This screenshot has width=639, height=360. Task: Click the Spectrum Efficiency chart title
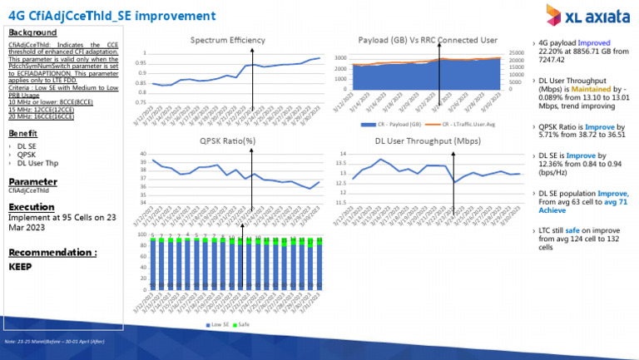[227, 40]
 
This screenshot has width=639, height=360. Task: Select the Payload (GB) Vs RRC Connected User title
[426, 40]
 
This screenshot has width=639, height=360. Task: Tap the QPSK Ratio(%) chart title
[227, 141]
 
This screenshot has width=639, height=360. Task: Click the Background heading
[32, 32]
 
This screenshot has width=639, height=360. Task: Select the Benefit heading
[22, 133]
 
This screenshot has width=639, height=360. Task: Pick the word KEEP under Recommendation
[20, 268]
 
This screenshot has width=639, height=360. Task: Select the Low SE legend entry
[215, 323]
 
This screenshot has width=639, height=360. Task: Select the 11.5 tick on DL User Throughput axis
[334, 203]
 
